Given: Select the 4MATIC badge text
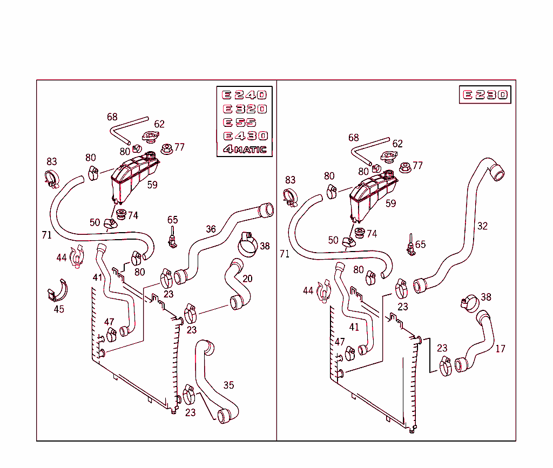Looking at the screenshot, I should click(x=245, y=149).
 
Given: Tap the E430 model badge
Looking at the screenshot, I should click(x=245, y=135).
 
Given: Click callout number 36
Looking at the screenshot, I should click(x=211, y=229).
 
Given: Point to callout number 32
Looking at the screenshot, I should click(x=482, y=226).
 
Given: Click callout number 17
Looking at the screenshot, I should click(x=500, y=349).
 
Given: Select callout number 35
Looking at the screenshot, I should click(x=229, y=385).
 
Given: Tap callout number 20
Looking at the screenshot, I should click(x=247, y=279).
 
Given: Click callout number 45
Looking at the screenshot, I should click(x=59, y=309).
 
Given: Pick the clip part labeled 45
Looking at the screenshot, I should click(x=57, y=291).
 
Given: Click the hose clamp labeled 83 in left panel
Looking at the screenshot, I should click(x=52, y=178).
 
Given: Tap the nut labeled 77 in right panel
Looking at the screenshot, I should click(x=404, y=167).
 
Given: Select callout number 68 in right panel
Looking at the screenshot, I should click(x=354, y=138).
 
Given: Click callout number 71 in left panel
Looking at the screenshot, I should click(x=46, y=235).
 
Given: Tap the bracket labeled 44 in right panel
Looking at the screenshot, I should click(x=324, y=290).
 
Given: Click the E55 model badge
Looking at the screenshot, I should click(x=245, y=122).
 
